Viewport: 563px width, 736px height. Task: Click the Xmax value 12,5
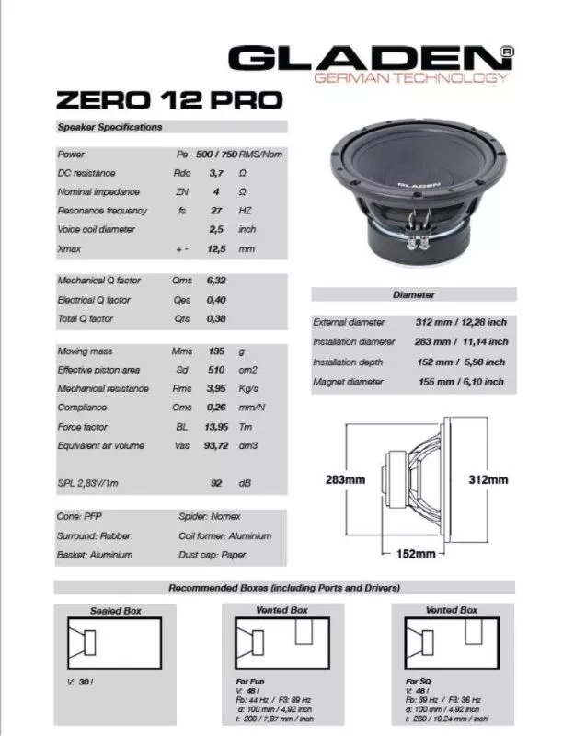click(217, 248)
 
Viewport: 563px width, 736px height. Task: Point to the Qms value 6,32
click(216, 281)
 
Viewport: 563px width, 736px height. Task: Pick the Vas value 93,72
click(218, 446)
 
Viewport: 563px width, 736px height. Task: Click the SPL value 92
click(218, 483)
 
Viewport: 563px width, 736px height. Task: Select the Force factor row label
click(82, 427)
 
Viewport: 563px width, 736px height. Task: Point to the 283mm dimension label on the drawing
click(346, 480)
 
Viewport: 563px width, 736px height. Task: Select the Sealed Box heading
click(116, 610)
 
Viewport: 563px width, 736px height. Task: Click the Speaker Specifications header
click(109, 127)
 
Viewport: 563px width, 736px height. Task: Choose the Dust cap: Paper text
click(213, 555)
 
